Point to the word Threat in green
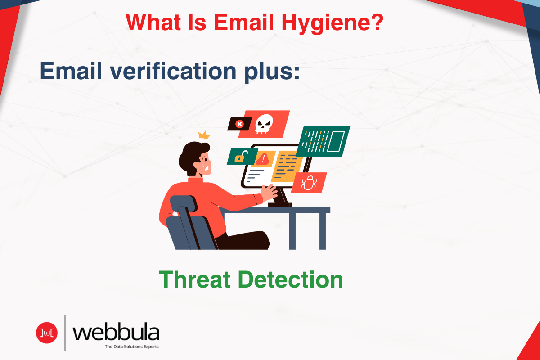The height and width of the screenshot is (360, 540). tap(197, 279)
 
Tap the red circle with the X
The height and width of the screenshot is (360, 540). tap(240, 124)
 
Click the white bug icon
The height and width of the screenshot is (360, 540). tap(309, 182)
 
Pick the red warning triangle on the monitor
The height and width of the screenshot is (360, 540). tap(263, 158)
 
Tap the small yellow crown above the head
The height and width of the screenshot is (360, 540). tap(205, 135)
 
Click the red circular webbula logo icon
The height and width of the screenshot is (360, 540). tap(47, 332)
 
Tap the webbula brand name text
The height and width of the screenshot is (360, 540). tap(116, 333)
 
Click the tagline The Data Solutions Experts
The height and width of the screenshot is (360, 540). tap(131, 347)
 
